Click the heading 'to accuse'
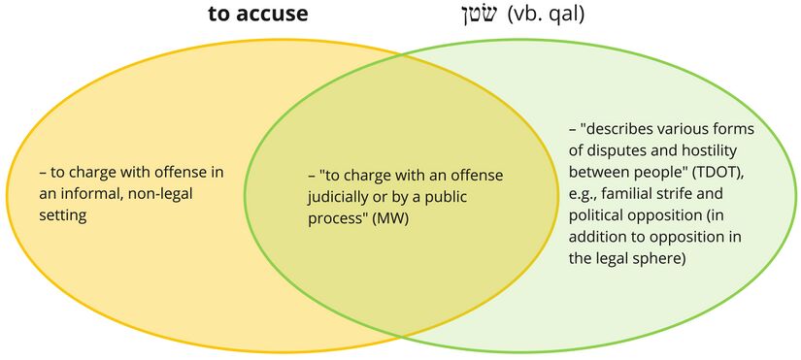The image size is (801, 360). pyautogui.click(x=258, y=14)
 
